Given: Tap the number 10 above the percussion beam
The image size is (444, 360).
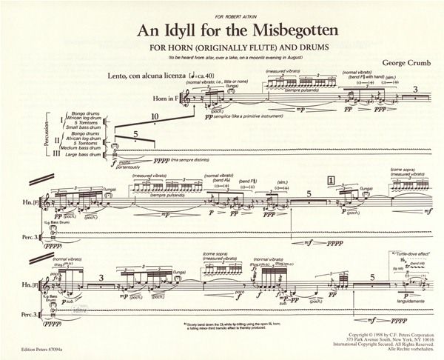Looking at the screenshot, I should [155, 116].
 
